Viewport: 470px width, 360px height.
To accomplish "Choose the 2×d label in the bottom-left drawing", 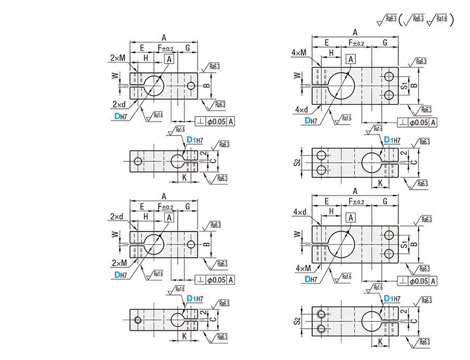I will point(117,216).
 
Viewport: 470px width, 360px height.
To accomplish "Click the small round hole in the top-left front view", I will point(192,85).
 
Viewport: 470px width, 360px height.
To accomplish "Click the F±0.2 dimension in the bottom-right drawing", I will point(356,201).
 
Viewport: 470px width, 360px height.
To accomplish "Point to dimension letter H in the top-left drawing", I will point(146,58).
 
